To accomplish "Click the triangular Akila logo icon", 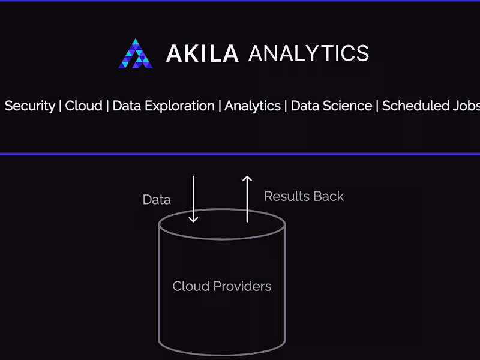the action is pos(136,53).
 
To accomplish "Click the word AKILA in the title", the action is pos(202,53).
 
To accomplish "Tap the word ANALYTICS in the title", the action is pos(308,53).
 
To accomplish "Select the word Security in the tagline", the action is pos(29,106).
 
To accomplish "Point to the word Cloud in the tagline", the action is pos(83,106).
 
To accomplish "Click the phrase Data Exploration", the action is pos(163,106).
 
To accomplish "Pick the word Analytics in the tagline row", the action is pos(253,106).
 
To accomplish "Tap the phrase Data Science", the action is pos(331,106).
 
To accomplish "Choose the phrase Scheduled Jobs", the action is pos(431,106).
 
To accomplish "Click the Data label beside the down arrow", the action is pos(157,200).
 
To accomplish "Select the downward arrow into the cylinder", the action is pos(193,199).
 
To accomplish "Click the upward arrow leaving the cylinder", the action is pos(247,199).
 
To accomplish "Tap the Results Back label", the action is pos(304,196).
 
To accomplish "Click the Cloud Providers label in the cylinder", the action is pos(222,286).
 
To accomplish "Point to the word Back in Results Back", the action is pos(329,196).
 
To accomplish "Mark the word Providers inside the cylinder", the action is pos(242,286).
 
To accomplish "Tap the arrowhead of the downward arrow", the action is pos(193,220).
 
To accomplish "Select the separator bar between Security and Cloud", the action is pos(61,106).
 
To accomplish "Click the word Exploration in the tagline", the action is pos(179,106).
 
